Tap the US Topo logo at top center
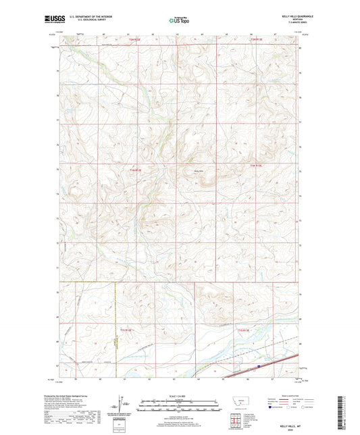coord(180,21)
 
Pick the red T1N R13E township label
coord(255,165)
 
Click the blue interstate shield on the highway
coord(259,368)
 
